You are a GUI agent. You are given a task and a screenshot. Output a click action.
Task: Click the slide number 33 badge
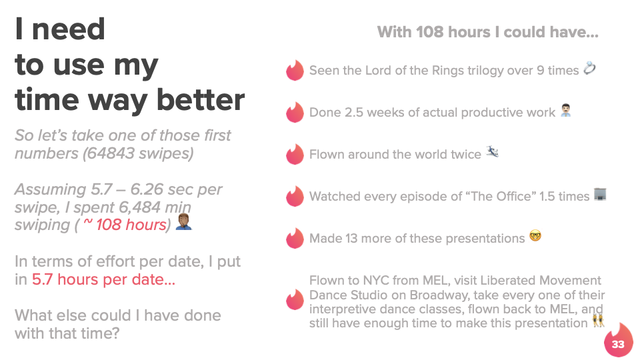tap(619, 341)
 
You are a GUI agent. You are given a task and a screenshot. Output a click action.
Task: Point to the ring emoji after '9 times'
tap(589, 68)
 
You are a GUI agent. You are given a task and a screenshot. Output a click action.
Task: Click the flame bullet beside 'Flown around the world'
tap(295, 154)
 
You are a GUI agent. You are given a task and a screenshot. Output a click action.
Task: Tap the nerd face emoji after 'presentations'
tap(535, 235)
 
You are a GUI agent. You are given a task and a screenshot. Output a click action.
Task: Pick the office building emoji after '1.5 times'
tap(600, 194)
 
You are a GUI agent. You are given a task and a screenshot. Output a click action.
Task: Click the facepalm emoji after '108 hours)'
tap(184, 221)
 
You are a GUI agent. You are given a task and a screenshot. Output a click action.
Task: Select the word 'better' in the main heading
tap(201, 100)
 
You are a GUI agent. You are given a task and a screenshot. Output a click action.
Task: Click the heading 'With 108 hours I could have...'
tap(488, 32)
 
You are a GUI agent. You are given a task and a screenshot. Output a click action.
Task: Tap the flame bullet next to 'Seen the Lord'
tap(295, 70)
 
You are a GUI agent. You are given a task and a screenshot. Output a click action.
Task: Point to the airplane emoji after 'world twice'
tap(492, 152)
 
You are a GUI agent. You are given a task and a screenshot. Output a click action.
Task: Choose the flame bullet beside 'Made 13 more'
tap(295, 238)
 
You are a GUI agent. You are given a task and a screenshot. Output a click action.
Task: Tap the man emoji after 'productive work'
tap(566, 110)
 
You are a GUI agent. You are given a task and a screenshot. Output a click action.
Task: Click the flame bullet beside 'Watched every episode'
tap(295, 196)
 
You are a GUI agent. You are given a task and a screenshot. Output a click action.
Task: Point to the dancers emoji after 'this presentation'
tap(598, 321)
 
